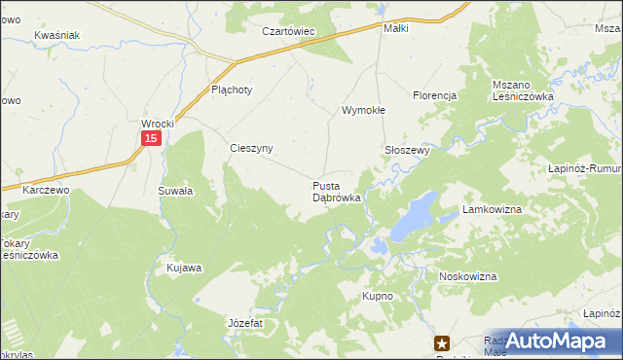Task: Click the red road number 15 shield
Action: (149, 140)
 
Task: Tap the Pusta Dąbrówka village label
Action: (337, 191)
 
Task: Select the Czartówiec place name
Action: (289, 31)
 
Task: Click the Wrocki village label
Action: (157, 124)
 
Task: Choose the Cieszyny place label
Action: (250, 149)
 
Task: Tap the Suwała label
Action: (175, 192)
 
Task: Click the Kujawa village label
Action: (184, 268)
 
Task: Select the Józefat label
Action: (244, 321)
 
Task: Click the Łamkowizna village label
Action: (494, 210)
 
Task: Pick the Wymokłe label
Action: (363, 111)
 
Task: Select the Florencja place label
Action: (435, 95)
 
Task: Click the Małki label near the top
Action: (396, 28)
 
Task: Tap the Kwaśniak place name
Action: (55, 35)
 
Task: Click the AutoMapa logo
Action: (554, 341)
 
